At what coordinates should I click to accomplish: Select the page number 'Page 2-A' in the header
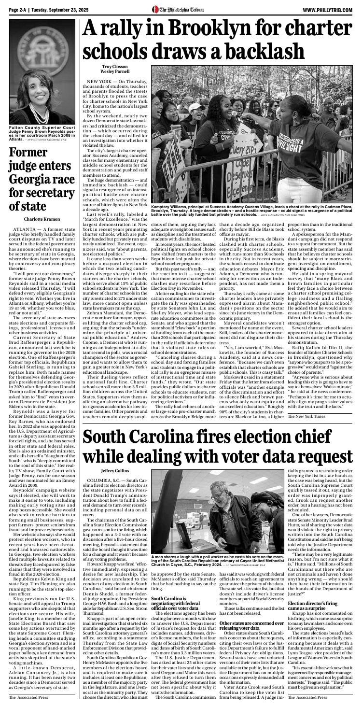coord(19,10)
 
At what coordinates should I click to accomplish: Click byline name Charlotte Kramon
coord(41,219)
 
